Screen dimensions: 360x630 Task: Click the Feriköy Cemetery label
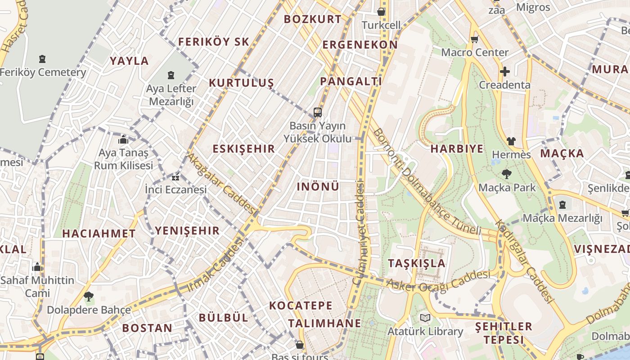pyautogui.click(x=43, y=72)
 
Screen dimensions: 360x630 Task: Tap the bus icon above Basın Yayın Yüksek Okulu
pyautogui.click(x=318, y=112)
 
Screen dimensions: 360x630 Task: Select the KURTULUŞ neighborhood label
pyautogui.click(x=241, y=83)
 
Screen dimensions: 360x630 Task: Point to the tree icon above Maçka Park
pyautogui.click(x=507, y=174)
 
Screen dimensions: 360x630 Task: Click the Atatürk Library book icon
pyautogui.click(x=425, y=318)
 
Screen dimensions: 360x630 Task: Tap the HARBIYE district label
pyautogui.click(x=457, y=149)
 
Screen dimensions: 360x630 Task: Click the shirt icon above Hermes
pyautogui.click(x=511, y=141)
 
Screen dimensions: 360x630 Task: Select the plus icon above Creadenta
pyautogui.click(x=504, y=72)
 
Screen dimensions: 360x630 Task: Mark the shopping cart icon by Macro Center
pyautogui.click(x=474, y=40)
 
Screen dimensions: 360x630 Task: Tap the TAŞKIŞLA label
pyautogui.click(x=417, y=263)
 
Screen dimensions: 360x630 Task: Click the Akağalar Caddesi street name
pyautogui.click(x=221, y=184)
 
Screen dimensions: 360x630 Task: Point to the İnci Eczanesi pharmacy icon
pyautogui.click(x=175, y=177)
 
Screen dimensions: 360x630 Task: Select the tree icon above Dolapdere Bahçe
pyautogui.click(x=89, y=297)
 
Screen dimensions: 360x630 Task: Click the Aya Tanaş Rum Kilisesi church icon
pyautogui.click(x=123, y=139)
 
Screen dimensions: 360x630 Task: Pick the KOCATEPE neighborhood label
pyautogui.click(x=301, y=306)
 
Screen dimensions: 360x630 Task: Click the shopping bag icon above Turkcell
pyautogui.click(x=381, y=12)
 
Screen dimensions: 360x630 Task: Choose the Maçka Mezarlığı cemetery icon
pyautogui.click(x=562, y=205)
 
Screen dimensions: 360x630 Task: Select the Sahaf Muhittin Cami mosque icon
pyautogui.click(x=37, y=267)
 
